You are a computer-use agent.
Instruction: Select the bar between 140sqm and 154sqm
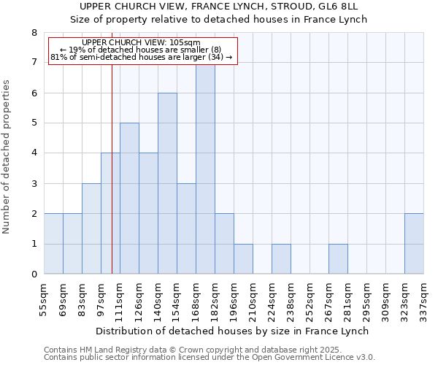pos(167,183)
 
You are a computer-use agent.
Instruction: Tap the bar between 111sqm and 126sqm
pos(129,199)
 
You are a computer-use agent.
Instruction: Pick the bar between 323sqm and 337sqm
pos(414,244)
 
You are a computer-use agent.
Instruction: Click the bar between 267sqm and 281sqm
pos(338,259)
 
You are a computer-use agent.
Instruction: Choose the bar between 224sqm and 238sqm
pos(281,259)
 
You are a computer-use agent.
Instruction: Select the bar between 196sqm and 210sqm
pos(243,259)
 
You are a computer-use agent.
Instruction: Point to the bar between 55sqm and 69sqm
pos(53,244)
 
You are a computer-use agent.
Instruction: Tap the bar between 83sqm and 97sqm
pos(91,228)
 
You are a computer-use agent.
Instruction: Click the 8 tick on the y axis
pos(34,33)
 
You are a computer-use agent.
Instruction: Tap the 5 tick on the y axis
pos(34,123)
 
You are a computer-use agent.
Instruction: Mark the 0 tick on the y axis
pos(34,274)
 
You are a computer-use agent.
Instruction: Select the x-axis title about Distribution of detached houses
pos(232,331)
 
